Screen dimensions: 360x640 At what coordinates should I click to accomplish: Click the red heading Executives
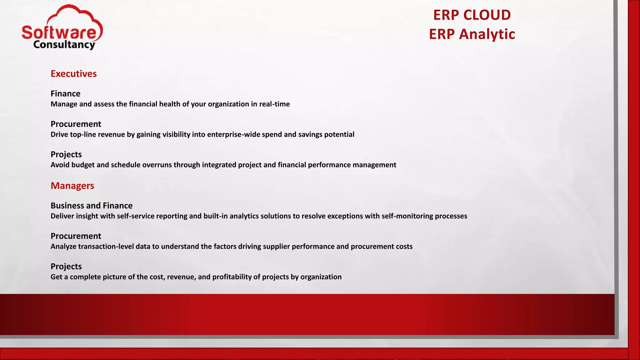tap(73, 74)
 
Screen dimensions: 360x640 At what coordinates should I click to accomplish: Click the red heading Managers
tap(72, 186)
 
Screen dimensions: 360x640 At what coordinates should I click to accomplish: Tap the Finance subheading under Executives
tap(65, 94)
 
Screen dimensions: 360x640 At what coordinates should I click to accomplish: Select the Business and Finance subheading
tap(92, 206)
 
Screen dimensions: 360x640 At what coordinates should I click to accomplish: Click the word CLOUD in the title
tap(487, 15)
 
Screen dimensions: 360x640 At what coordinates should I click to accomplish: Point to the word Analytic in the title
tap(487, 34)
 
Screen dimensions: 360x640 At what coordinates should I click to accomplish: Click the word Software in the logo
tap(59, 32)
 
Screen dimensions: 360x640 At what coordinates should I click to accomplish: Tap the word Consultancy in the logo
tap(64, 45)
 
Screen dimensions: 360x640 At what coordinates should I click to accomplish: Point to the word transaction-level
tap(106, 246)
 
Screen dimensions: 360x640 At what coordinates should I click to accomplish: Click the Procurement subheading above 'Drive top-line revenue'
tap(76, 124)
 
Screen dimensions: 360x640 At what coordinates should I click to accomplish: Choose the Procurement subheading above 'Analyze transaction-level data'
tap(76, 236)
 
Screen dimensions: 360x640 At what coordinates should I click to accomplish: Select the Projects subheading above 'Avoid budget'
tap(66, 154)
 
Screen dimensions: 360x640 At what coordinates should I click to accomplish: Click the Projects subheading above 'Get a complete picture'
tap(66, 266)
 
